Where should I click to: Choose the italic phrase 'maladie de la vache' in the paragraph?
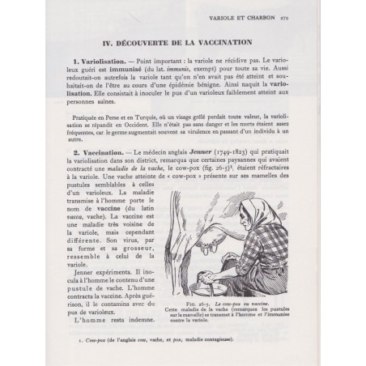click(124, 171)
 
